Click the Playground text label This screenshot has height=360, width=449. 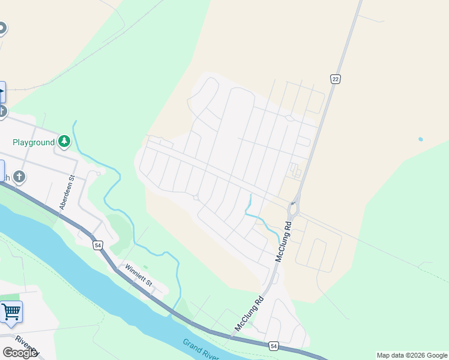pos(34,142)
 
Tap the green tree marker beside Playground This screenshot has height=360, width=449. pos(64,142)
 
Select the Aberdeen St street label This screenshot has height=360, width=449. pos(65,192)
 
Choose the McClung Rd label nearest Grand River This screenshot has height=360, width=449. pos(249,315)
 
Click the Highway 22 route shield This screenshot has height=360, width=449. pos(335,79)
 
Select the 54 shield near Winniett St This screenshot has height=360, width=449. pos(98,245)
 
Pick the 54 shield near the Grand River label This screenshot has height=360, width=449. pos(273,346)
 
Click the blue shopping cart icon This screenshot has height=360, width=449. pos(11,312)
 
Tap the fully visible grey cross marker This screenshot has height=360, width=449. pos(19,176)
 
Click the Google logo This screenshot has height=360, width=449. pos(19,353)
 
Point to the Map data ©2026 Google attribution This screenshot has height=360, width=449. pos(412,355)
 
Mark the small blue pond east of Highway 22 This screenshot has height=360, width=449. pos(420,139)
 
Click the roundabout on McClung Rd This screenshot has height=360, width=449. pos(293,209)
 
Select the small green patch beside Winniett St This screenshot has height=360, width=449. pos(145,267)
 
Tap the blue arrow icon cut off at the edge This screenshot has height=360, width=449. pos(2,94)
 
